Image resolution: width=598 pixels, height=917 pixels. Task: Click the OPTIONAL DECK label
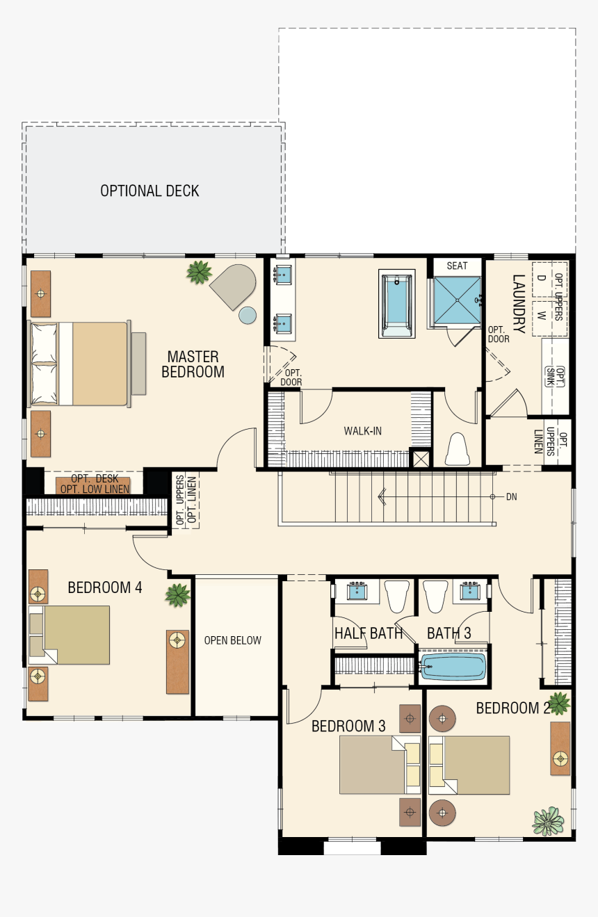tap(149, 190)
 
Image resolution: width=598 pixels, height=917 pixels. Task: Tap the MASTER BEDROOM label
tap(193, 364)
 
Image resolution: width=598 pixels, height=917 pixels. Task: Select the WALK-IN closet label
tap(362, 431)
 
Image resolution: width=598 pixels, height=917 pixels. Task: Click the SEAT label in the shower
tap(457, 266)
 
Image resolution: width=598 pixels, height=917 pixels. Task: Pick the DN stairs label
tap(512, 496)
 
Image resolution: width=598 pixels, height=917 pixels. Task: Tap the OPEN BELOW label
tap(232, 640)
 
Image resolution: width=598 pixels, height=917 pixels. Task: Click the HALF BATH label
tap(369, 633)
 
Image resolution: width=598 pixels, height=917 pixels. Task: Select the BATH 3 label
tap(448, 633)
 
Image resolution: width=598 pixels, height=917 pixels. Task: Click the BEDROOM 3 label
tap(348, 726)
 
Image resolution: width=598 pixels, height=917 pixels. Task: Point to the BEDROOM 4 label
tap(105, 587)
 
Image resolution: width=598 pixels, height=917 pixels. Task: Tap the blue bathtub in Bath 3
tap(453, 666)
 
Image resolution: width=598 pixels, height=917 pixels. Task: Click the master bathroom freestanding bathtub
tap(396, 305)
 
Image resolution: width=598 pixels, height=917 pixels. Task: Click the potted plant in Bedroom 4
tap(177, 594)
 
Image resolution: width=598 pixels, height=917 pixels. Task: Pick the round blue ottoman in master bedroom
tap(248, 315)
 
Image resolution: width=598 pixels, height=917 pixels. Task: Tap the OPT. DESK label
tap(95, 479)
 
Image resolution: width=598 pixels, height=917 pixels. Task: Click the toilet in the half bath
tap(398, 596)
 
